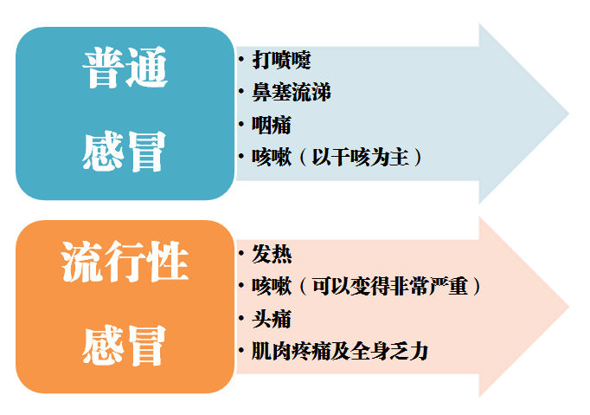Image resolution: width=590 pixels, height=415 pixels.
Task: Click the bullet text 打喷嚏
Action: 281,60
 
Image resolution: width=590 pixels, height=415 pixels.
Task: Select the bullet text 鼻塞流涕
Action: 292,92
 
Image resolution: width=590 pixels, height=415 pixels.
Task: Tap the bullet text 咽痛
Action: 272,125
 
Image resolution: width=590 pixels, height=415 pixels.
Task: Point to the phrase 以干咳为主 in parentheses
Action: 361,157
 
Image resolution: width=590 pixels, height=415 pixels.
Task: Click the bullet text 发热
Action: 272,254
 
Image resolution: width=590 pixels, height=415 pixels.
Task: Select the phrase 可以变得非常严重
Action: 390,287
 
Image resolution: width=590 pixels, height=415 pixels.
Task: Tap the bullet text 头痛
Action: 272,319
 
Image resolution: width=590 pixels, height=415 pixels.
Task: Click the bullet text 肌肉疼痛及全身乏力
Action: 340,351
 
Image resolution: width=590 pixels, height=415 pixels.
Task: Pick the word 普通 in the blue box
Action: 125,68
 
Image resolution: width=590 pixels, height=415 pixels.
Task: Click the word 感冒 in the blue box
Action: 124,151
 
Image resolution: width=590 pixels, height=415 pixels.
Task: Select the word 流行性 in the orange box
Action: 125,262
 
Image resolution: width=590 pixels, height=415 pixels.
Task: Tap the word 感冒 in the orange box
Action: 124,345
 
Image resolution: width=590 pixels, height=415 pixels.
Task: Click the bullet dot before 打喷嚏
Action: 241,59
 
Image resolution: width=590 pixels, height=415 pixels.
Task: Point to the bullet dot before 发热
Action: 241,254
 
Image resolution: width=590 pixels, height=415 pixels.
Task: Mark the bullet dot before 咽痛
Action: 241,125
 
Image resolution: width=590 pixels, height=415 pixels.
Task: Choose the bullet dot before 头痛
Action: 241,319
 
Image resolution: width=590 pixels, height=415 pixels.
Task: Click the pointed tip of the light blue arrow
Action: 568,113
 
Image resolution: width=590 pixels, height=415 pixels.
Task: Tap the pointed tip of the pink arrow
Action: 568,307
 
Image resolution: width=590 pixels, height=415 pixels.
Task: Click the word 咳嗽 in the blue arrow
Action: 272,157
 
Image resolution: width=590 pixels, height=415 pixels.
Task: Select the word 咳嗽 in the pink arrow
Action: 272,287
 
